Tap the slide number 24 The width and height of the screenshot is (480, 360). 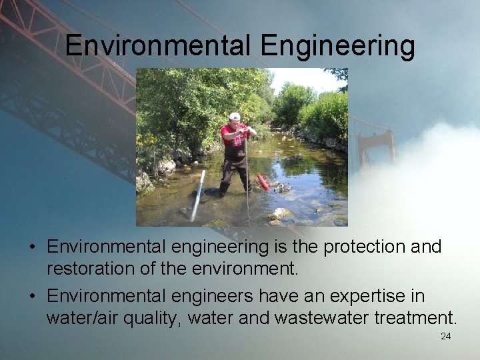coord(445,336)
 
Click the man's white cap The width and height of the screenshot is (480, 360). coord(234,117)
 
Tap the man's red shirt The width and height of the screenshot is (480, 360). coord(233,135)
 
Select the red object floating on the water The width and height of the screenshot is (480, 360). coord(264,182)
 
